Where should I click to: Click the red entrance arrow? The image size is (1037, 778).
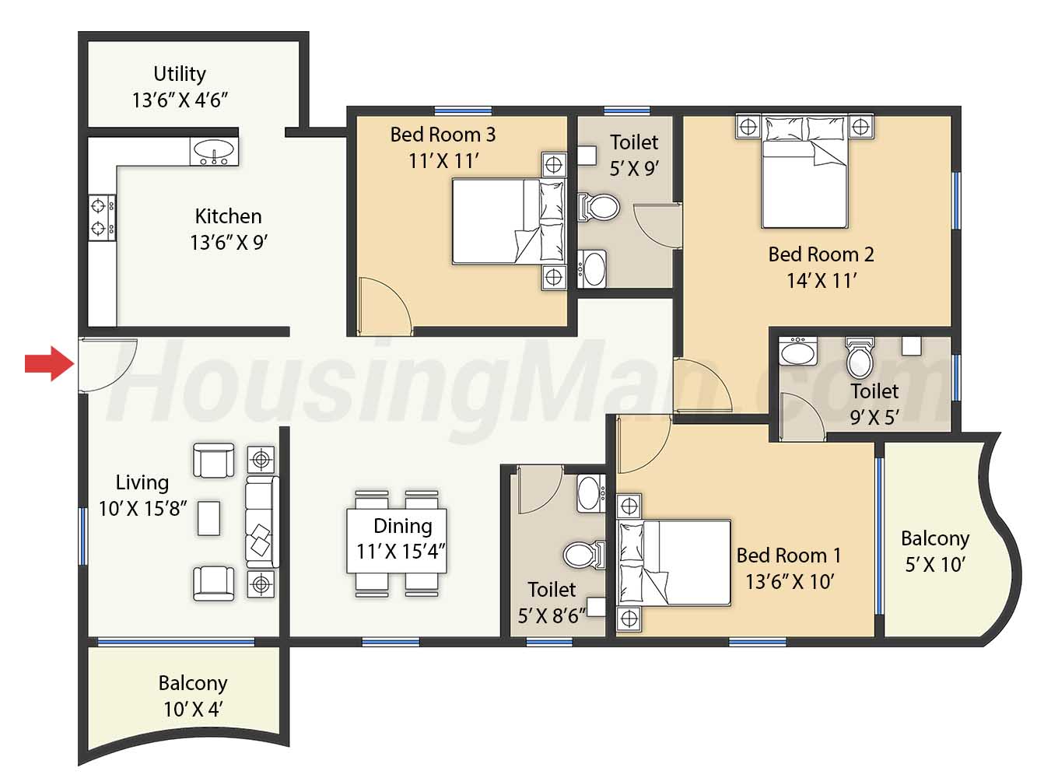(x=50, y=363)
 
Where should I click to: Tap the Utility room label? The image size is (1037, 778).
(x=180, y=74)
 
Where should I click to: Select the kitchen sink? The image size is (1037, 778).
(x=214, y=152)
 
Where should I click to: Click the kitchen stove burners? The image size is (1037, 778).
(x=102, y=218)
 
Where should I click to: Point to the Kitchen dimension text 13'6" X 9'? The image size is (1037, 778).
(x=229, y=243)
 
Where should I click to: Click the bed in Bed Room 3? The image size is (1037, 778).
(x=509, y=221)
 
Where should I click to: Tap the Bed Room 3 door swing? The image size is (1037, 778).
(x=386, y=306)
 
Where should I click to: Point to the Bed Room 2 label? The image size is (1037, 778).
(x=821, y=254)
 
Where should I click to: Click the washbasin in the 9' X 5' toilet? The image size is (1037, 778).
(x=797, y=351)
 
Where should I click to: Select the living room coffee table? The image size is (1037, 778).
(x=208, y=518)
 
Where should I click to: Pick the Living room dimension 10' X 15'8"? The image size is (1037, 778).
(x=142, y=509)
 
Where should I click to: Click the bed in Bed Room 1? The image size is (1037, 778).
(x=674, y=563)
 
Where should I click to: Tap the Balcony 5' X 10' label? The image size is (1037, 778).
(x=935, y=552)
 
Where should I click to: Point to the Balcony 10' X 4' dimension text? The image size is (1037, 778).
(x=193, y=710)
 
